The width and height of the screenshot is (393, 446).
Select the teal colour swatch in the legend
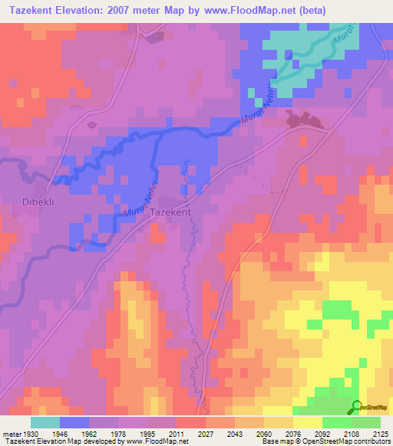45,422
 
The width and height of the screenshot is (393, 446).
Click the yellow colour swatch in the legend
307,422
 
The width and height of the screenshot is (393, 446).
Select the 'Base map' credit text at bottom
275,441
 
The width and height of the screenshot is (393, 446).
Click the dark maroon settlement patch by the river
303,119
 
